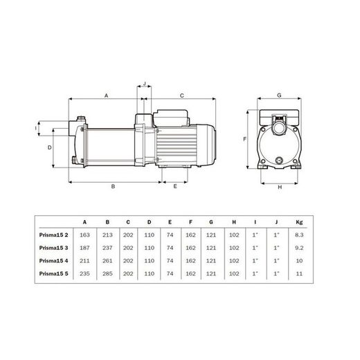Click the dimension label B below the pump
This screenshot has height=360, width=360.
tap(112, 187)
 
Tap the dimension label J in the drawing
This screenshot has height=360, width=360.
tap(144, 84)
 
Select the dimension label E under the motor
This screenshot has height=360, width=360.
tap(174, 187)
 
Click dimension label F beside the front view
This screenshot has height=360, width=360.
tap(246, 139)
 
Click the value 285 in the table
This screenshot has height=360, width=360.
tap(106, 274)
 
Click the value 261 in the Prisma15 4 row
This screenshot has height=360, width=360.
tap(106, 262)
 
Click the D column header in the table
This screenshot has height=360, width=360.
tap(148, 222)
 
